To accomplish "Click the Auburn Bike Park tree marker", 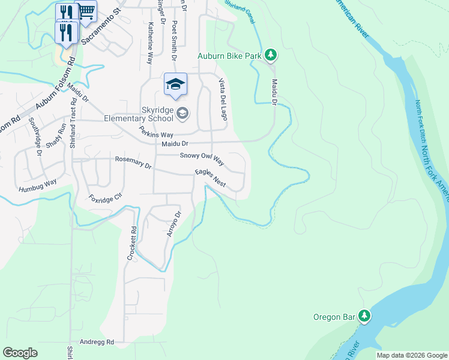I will [271, 55].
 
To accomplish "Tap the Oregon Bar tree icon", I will [364, 316].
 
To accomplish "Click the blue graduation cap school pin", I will [175, 85].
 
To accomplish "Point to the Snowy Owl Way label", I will [202, 159].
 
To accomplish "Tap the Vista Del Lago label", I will [222, 99].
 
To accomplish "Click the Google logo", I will [20, 353].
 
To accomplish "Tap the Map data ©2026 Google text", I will [412, 355].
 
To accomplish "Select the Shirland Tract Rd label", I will [73, 124].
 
